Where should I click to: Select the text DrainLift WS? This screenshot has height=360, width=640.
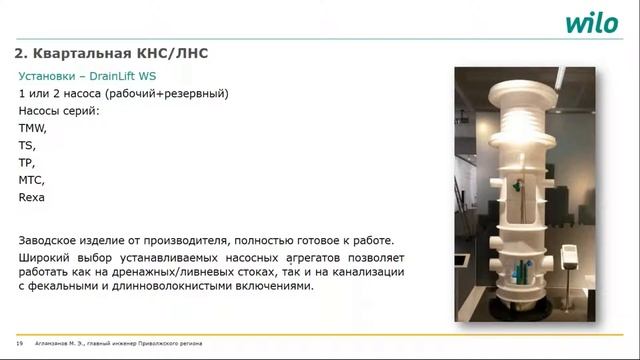pyautogui.click(x=126, y=76)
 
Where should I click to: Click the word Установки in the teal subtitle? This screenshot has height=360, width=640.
pyautogui.click(x=48, y=76)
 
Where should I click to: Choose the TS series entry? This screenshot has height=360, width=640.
pyautogui.click(x=26, y=146)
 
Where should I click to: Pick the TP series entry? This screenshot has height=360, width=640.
pyautogui.click(x=26, y=163)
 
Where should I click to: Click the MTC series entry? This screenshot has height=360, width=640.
pyautogui.click(x=31, y=180)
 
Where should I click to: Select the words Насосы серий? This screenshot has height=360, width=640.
pyautogui.click(x=59, y=111)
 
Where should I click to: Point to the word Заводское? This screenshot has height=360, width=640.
pyautogui.click(x=51, y=240)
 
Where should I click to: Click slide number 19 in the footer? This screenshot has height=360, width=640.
pyautogui.click(x=20, y=343)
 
